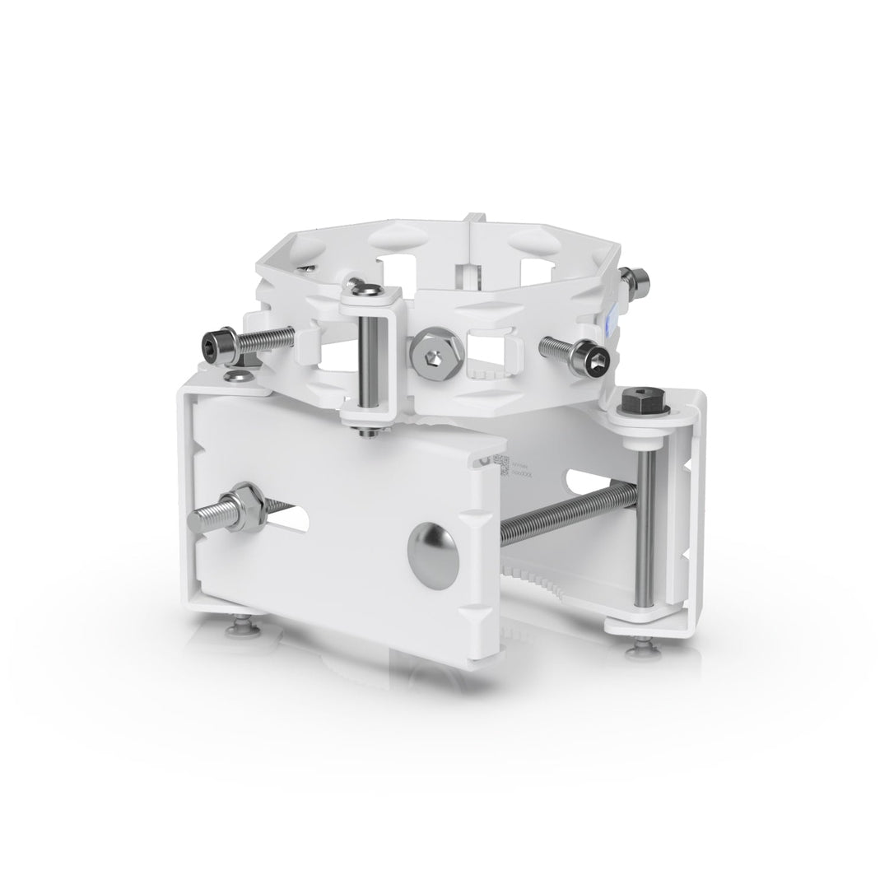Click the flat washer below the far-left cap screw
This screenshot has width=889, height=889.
pyautogui.click(x=238, y=376)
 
